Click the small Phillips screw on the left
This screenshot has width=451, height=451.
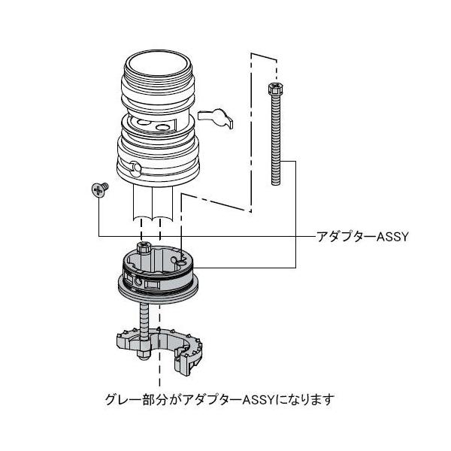coord(98,189)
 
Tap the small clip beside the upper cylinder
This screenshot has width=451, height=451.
coord(216,117)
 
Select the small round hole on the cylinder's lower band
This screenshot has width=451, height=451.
coord(135,167)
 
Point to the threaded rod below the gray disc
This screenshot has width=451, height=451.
coord(141,316)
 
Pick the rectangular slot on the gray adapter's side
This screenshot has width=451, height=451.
coord(152,285)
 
